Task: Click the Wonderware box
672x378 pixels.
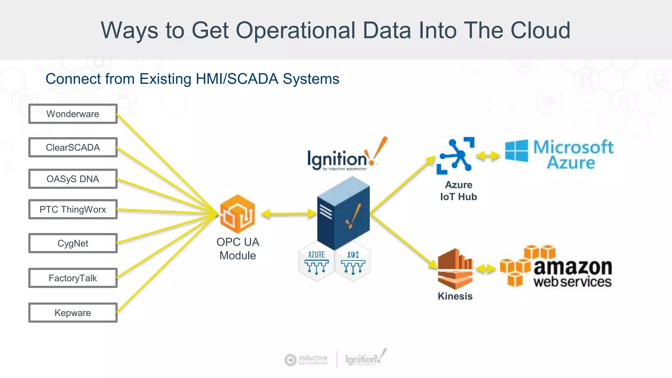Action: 73,114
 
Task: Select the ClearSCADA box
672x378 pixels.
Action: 73,147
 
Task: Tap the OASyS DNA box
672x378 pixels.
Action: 73,179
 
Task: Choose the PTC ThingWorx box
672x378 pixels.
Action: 73,209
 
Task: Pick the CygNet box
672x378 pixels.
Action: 73,243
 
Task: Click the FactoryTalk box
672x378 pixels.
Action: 73,278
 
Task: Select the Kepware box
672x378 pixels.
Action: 73,313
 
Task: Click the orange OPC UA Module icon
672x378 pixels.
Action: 237,214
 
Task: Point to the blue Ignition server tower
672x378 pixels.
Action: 343,213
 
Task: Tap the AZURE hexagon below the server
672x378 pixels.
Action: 316,262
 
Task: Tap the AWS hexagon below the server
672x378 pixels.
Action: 353,262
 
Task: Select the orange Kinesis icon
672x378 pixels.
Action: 455,269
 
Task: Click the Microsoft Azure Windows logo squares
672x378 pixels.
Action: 516,151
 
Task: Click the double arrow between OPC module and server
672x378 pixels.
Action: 289,214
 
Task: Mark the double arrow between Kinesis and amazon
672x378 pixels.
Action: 486,269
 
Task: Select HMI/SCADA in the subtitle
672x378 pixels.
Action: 237,79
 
